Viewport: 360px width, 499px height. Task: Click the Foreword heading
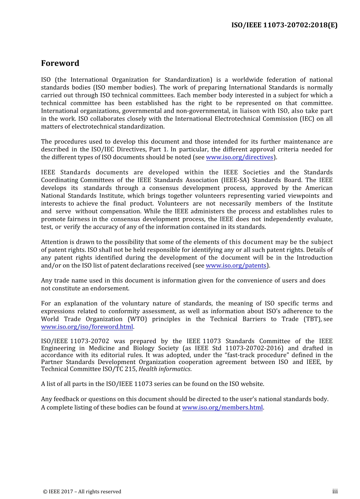pos(60,63)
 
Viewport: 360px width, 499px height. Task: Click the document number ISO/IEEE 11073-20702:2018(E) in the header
pos(284,25)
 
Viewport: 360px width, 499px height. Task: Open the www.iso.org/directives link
pos(239,157)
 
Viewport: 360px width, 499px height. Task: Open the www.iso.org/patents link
pos(236,265)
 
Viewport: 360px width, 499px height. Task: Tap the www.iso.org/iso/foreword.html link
pos(87,327)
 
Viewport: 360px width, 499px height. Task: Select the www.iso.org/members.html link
pos(222,408)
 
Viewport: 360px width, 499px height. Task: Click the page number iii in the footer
pos(335,491)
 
